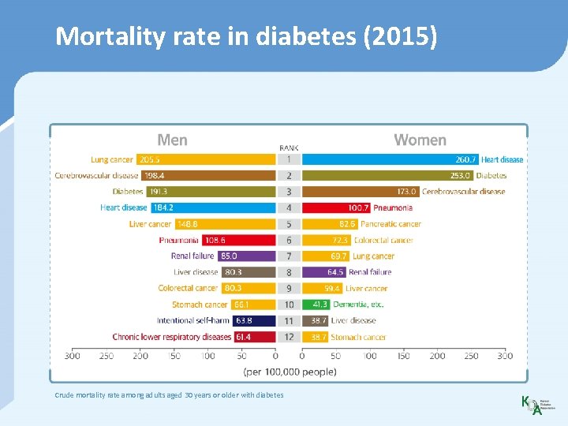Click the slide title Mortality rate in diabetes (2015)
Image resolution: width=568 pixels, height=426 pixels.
pos(245,37)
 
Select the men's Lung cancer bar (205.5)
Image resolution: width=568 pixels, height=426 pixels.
pos(206,159)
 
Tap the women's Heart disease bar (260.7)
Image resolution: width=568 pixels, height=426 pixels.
pos(390,159)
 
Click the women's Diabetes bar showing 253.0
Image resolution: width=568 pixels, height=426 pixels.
pos(387,175)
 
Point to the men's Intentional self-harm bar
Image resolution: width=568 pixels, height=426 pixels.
pos(254,320)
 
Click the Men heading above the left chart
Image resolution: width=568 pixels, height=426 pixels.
pos(172,140)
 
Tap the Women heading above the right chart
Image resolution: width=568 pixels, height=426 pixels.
pos(420,140)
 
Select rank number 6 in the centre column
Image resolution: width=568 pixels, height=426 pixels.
pos(289,240)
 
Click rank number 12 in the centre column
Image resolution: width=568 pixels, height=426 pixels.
pos(289,337)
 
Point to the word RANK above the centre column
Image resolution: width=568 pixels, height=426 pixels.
pos(289,148)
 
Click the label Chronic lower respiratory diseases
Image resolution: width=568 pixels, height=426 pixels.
pos(171,337)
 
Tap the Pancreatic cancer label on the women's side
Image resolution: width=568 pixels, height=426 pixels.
pos(390,224)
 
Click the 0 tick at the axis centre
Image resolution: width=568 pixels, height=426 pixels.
pos(275,356)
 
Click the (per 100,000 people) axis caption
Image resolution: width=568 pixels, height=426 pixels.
pos(289,371)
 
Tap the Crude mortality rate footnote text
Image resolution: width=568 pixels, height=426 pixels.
pos(169,394)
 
